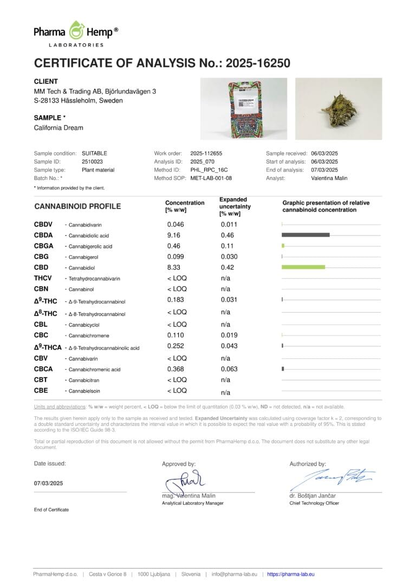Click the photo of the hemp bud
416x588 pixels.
[338, 108]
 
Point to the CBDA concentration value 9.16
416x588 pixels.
[174, 235]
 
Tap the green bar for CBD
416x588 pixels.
[303, 267]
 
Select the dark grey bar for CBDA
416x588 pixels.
[305, 235]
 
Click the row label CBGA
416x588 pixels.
[44, 246]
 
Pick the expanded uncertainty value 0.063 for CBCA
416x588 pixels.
[229, 369]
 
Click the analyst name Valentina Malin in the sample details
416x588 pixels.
[329, 178]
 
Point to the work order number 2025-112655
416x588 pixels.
[206, 153]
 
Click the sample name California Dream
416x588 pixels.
[58, 128]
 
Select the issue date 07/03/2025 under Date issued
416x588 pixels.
[49, 483]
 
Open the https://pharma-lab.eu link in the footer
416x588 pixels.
[291, 574]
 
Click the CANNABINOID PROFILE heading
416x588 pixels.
[77, 206]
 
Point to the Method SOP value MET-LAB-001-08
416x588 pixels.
[211, 178]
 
